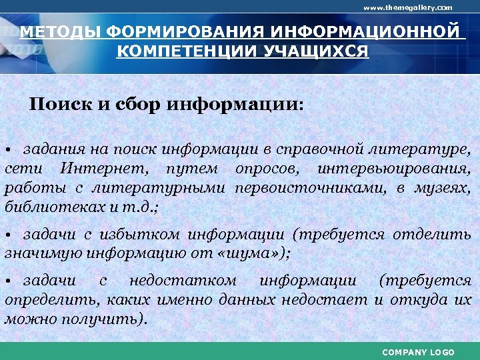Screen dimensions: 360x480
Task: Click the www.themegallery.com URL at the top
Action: [407, 7]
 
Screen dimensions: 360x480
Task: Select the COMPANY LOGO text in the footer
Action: [418, 352]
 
